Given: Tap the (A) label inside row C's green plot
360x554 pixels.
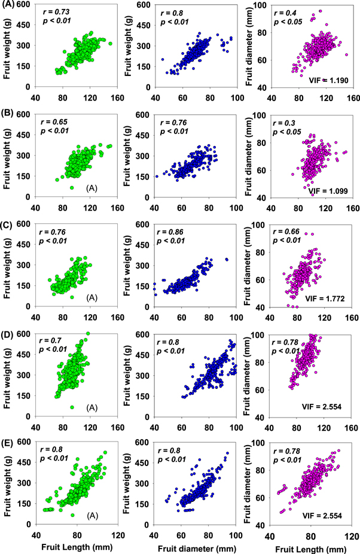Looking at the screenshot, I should tap(76, 297).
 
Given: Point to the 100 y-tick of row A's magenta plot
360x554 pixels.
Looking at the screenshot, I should tap(258, 5).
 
